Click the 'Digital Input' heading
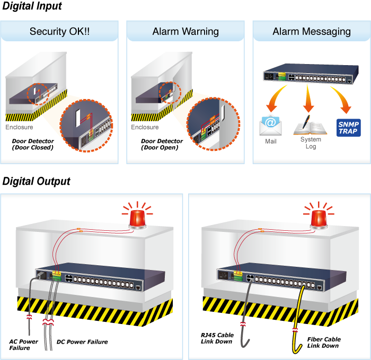[32, 7]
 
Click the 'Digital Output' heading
[37, 182]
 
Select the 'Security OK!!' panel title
[59, 31]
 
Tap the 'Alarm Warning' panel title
[185, 31]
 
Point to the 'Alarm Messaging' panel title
[312, 31]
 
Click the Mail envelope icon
[270, 125]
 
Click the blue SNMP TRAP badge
[348, 128]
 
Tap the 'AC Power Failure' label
[24, 345]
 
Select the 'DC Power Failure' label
[82, 342]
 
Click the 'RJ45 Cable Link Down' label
[218, 338]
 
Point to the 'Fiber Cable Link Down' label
[324, 342]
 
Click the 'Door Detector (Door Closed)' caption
[33, 144]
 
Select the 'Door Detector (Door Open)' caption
[162, 144]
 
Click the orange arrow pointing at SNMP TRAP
[341, 98]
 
